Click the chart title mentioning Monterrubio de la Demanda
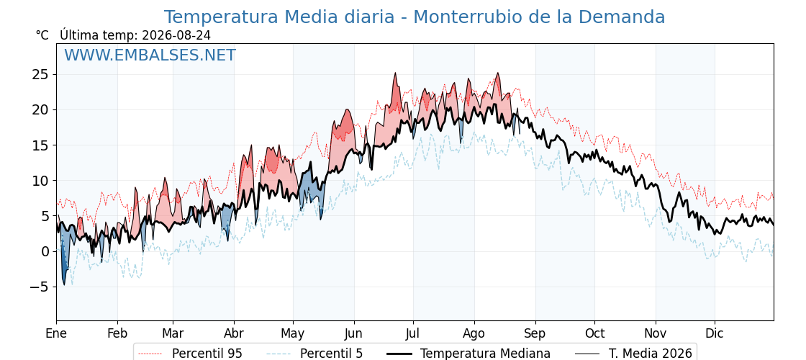pyautogui.click(x=415, y=17)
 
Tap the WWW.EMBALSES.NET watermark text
pyautogui.click(x=150, y=55)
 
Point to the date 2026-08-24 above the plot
pyautogui.click(x=176, y=35)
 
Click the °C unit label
pyautogui.click(x=42, y=35)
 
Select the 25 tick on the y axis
pyautogui.click(x=40, y=75)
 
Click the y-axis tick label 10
pyautogui.click(x=40, y=181)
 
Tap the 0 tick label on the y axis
pyautogui.click(x=45, y=251)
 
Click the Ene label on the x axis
pyautogui.click(x=56, y=333)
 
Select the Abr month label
pyautogui.click(x=235, y=333)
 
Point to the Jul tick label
pyautogui.click(x=414, y=333)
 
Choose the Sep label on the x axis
pyautogui.click(x=535, y=333)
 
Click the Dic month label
pyautogui.click(x=715, y=333)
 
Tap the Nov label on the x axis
pyautogui.click(x=656, y=333)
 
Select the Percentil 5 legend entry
pyautogui.click(x=314, y=354)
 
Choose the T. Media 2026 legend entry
pyautogui.click(x=633, y=354)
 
